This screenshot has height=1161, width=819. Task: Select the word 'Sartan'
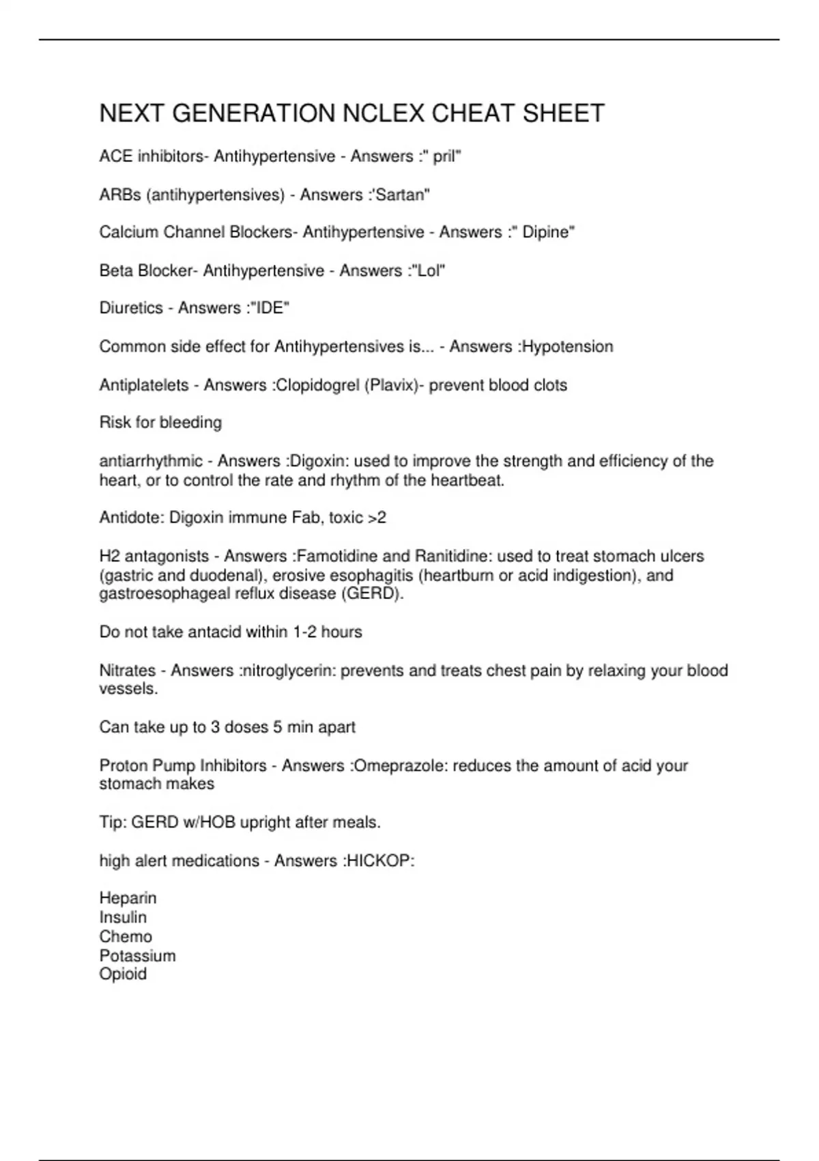coord(403,195)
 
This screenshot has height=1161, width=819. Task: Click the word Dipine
coord(545,232)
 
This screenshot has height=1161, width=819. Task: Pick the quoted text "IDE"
coord(270,308)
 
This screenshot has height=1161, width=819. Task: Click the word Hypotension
coord(568,346)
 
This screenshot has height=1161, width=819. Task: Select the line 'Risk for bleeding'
coord(160,423)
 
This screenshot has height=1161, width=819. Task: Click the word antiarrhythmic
coord(151,461)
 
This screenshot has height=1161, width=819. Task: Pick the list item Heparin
coord(128,898)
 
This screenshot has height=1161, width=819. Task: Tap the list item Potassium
coord(137,955)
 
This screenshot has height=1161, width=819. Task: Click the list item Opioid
coord(123,974)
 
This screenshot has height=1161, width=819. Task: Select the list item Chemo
coord(126,936)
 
